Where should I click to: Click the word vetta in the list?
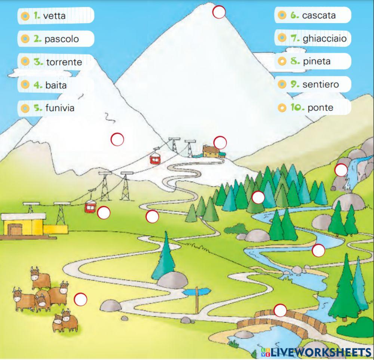pyautogui.click(x=54, y=16)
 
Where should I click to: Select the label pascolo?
pyautogui.click(x=62, y=39)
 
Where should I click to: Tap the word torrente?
pyautogui.click(x=64, y=62)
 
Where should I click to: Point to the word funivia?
pyautogui.click(x=60, y=108)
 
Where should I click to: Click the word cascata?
pyautogui.click(x=319, y=15)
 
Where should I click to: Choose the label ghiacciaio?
pyautogui.click(x=325, y=38)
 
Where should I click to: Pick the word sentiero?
pyautogui.click(x=321, y=84)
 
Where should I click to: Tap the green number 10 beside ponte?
pyautogui.click(x=297, y=108)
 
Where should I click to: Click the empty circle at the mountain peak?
pyautogui.click(x=219, y=12)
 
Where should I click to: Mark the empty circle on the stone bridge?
pyautogui.click(x=280, y=310)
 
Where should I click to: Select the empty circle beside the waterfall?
pyautogui.click(x=341, y=170)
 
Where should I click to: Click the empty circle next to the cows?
pyautogui.click(x=80, y=299)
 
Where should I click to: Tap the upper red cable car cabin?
pyautogui.click(x=155, y=159)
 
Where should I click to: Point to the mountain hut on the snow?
pyautogui.click(x=212, y=151)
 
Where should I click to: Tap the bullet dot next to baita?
pyautogui.click(x=25, y=85)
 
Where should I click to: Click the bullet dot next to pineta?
pyautogui.click(x=282, y=61)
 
